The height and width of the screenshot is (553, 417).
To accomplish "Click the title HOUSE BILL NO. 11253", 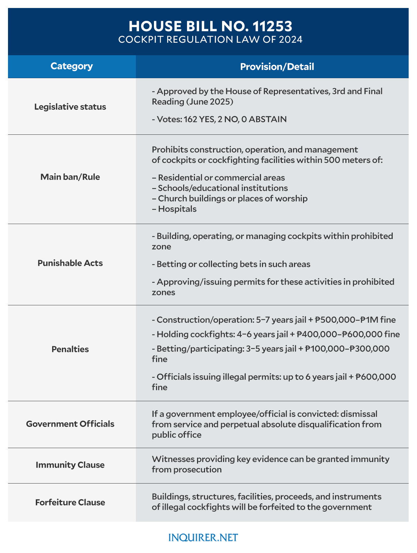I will click(210, 26).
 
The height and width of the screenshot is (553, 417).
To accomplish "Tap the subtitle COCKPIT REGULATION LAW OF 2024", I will click(210, 40).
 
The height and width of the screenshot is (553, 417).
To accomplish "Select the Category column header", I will click(72, 66).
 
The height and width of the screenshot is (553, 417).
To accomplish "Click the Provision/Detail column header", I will click(277, 67).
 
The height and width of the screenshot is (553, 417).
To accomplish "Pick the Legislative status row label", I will click(70, 107).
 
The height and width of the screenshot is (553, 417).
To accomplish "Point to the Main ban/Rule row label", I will click(70, 177).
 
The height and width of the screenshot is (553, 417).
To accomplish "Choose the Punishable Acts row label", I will click(70, 263).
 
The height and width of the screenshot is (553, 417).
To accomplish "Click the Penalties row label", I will click(70, 349).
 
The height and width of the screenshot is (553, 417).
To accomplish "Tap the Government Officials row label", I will click(70, 424).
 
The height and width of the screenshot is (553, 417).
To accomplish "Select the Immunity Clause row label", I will click(70, 465).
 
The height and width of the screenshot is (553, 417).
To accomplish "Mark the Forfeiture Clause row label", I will click(70, 502).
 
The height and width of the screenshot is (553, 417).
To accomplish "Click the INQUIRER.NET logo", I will click(203, 538).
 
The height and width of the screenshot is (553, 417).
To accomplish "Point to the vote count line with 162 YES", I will click(219, 119).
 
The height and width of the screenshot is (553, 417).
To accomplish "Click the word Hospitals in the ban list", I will click(177, 209).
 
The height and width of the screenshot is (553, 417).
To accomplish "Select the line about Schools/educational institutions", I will click(220, 188).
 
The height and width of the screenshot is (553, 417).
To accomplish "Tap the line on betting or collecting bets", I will click(231, 264).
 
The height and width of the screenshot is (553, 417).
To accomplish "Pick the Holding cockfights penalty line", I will click(276, 334).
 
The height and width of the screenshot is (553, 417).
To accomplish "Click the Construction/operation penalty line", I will click(274, 320).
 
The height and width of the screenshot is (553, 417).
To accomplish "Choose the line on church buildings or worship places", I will click(230, 198).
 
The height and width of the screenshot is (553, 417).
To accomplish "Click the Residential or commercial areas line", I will click(219, 178).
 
